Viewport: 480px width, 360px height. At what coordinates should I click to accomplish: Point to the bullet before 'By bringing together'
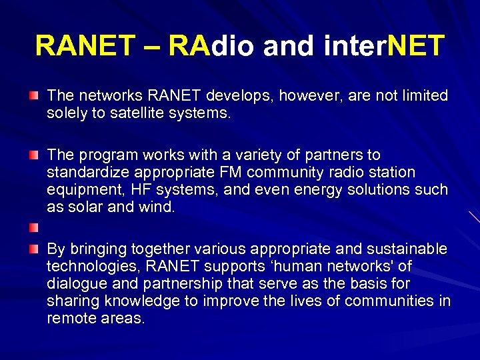[x=33, y=249]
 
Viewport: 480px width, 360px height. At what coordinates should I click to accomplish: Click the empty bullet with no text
[x=33, y=229]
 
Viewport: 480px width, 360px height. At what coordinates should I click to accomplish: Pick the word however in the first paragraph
[x=305, y=96]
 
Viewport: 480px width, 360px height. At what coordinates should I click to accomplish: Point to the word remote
[x=69, y=318]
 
